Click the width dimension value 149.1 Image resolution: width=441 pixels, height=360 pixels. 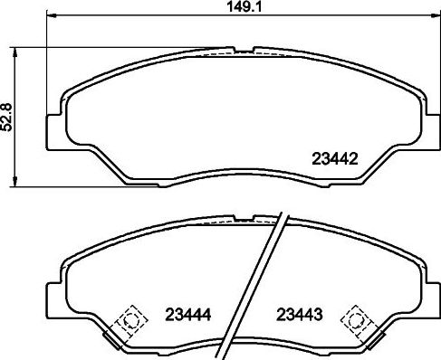pos(238,8)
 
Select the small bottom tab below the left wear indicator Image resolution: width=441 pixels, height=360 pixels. pos(114,339)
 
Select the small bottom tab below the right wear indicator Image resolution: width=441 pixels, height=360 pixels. pos(369,339)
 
